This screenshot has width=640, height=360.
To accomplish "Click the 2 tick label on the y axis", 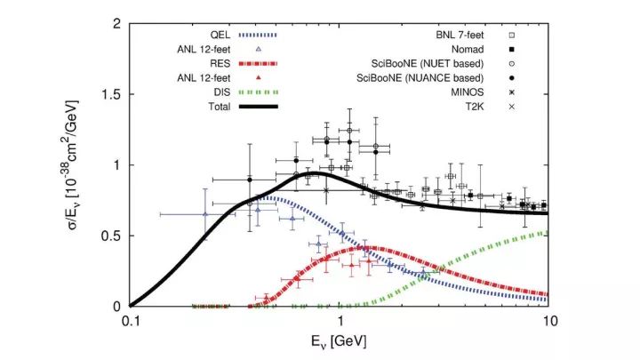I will click(116, 24).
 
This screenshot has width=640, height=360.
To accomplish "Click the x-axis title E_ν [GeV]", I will click(339, 341).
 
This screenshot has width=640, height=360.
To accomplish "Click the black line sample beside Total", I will click(258, 107).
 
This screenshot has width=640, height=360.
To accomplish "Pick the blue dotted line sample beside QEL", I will click(258, 34).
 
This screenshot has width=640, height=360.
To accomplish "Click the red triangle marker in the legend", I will click(258, 78).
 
